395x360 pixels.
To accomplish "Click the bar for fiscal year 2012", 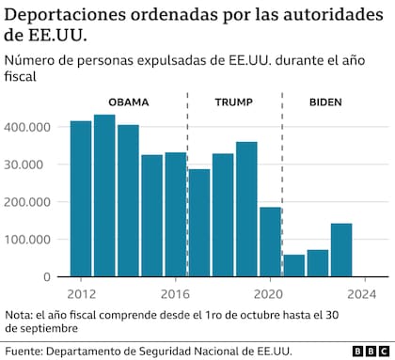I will [81, 198].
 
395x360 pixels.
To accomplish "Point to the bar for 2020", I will [270, 242].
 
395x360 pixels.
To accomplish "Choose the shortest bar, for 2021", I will [294, 265].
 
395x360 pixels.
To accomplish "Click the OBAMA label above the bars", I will [129, 102].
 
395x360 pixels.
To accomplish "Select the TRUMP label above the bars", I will [233, 102].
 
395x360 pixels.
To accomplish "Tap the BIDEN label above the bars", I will [325, 102].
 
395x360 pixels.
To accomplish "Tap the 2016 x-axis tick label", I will [176, 292].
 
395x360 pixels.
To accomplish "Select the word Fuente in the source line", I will [25, 350].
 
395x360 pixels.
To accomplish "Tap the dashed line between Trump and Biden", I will [282, 188].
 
